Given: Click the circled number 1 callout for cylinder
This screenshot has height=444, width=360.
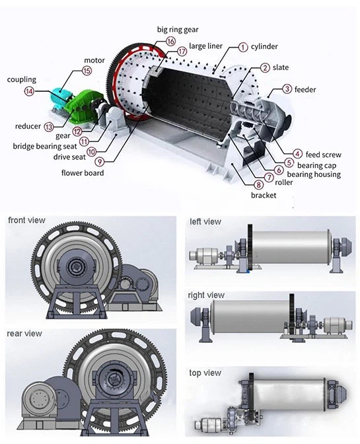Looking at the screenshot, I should tap(243, 47).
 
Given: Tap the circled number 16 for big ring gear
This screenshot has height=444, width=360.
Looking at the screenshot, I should tap(170, 41).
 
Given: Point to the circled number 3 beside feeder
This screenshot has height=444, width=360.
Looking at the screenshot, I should tap(287, 89).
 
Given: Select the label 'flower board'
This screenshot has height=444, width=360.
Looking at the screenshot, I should tap(83, 173).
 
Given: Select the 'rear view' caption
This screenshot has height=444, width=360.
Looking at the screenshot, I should tap(24, 334).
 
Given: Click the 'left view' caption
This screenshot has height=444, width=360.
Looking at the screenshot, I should tap(205, 222).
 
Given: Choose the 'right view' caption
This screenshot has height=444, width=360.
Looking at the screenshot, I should tap(207, 295).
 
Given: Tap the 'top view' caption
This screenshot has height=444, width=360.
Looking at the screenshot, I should tap(205, 373).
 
